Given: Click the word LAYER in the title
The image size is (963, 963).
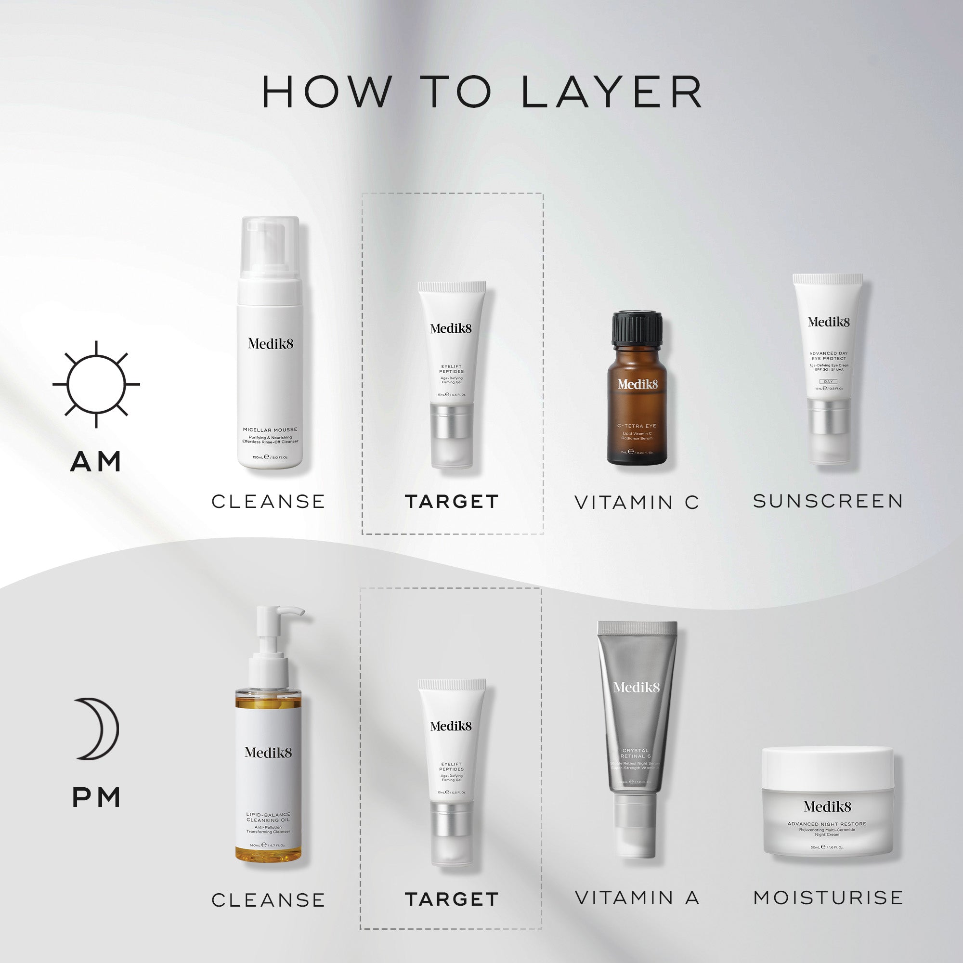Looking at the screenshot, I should (612, 92).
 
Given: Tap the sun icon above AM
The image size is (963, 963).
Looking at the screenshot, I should (96, 384).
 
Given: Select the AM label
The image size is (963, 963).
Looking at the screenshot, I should (96, 462).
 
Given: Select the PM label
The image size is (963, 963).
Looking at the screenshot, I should (97, 797).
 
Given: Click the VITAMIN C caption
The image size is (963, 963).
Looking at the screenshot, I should (637, 502).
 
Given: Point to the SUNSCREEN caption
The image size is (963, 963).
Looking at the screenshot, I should (828, 501).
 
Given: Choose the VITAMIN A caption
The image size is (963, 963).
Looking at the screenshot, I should (637, 898).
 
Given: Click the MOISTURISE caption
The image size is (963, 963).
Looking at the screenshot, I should (828, 898).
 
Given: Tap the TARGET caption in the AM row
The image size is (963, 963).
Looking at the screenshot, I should (452, 501).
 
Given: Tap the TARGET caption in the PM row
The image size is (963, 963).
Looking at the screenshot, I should (452, 899).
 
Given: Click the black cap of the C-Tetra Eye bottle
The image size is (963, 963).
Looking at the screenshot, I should (637, 327).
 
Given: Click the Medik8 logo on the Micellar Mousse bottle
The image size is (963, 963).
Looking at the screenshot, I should (270, 343).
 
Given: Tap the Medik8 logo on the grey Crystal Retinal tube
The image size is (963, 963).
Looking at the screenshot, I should (637, 688).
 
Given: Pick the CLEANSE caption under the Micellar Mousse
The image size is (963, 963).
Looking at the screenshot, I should (268, 501).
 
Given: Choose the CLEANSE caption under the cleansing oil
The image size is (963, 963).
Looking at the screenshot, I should (268, 900).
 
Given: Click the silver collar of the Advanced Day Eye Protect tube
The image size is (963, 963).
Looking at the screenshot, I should (828, 416).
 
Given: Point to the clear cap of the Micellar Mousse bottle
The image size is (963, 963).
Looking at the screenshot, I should (270, 247).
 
